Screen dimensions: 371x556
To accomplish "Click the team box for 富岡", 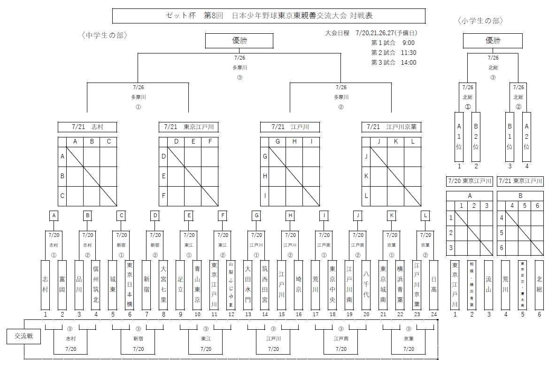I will pyautogui.click(x=62, y=285).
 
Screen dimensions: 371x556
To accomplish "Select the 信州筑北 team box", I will pyautogui.click(x=96, y=285).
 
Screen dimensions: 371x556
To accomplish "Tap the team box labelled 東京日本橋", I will pyautogui.click(x=130, y=285).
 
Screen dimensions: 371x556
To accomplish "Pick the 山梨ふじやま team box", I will pyautogui.click(x=231, y=285).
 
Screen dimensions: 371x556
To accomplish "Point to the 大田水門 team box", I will pyautogui.click(x=248, y=285).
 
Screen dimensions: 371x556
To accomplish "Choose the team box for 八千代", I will pyautogui.click(x=366, y=285).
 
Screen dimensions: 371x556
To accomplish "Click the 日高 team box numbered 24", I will pyautogui.click(x=434, y=285).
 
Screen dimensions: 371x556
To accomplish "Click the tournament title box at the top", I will pyautogui.click(x=269, y=15).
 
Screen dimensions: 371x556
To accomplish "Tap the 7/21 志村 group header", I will pyautogui.click(x=87, y=127).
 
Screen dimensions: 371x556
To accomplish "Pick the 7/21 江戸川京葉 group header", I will pyautogui.click(x=392, y=127).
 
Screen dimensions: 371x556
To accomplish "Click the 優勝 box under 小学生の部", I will pyautogui.click(x=493, y=41).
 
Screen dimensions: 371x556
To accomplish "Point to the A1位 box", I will pyautogui.click(x=459, y=136).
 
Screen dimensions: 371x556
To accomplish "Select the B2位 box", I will pyautogui.click(x=476, y=136).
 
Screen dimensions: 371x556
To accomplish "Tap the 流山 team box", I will pyautogui.click(x=489, y=285).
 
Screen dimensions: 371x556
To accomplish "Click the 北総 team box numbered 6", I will pyautogui.click(x=539, y=285).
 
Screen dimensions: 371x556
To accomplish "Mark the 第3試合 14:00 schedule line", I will pyautogui.click(x=394, y=62).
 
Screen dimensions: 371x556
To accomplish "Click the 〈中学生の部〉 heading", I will pyautogui.click(x=104, y=36).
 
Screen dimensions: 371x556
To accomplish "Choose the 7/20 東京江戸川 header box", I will pyautogui.click(x=469, y=181).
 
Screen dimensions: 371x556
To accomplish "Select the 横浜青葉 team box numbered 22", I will pyautogui.click(x=400, y=285).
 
